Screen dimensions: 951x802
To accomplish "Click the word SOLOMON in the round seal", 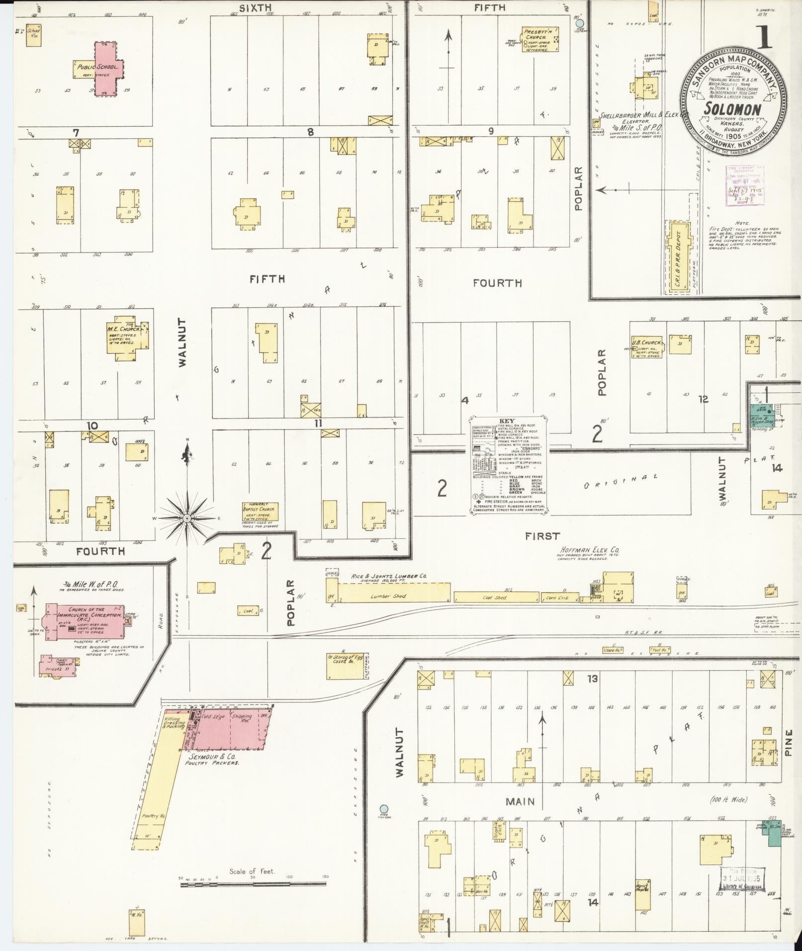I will coord(733,110).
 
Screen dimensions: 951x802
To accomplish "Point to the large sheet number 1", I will coord(764,37).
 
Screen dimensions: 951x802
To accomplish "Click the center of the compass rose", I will coord(187,519).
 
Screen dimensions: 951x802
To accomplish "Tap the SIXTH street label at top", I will coord(255,7).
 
